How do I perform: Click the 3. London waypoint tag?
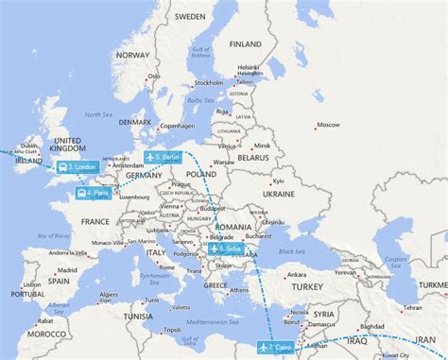77,167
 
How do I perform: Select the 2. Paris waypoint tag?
93,193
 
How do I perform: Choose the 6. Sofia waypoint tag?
225,249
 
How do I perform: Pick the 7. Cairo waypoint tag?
277,348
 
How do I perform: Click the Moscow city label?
328,125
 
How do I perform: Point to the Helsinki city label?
248,68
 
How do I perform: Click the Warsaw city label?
223,162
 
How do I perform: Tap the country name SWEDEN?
189,17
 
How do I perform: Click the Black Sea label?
290,249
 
